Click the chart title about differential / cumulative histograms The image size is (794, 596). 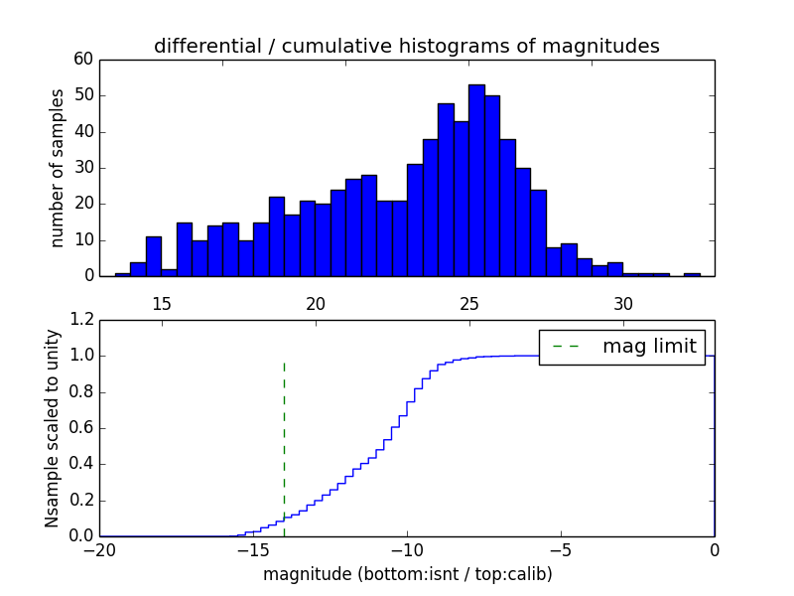[406, 46]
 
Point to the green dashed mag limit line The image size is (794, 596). [284, 437]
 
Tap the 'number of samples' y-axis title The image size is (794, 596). [58, 168]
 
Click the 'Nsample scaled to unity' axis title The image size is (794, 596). [52, 428]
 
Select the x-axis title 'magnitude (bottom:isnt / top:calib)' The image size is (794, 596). [407, 574]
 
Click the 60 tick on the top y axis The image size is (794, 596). [82, 60]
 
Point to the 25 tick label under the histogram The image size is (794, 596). [469, 303]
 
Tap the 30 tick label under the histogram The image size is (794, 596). [623, 303]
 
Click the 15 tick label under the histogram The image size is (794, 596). [162, 303]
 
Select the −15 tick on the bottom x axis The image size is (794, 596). [252, 550]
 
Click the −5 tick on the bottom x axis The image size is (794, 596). [561, 550]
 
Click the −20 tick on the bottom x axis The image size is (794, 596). [99, 550]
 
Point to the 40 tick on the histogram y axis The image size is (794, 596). [82, 132]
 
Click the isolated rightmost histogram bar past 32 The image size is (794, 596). [692, 274]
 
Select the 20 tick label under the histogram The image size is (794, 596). [316, 303]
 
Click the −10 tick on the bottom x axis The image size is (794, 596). [406, 550]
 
